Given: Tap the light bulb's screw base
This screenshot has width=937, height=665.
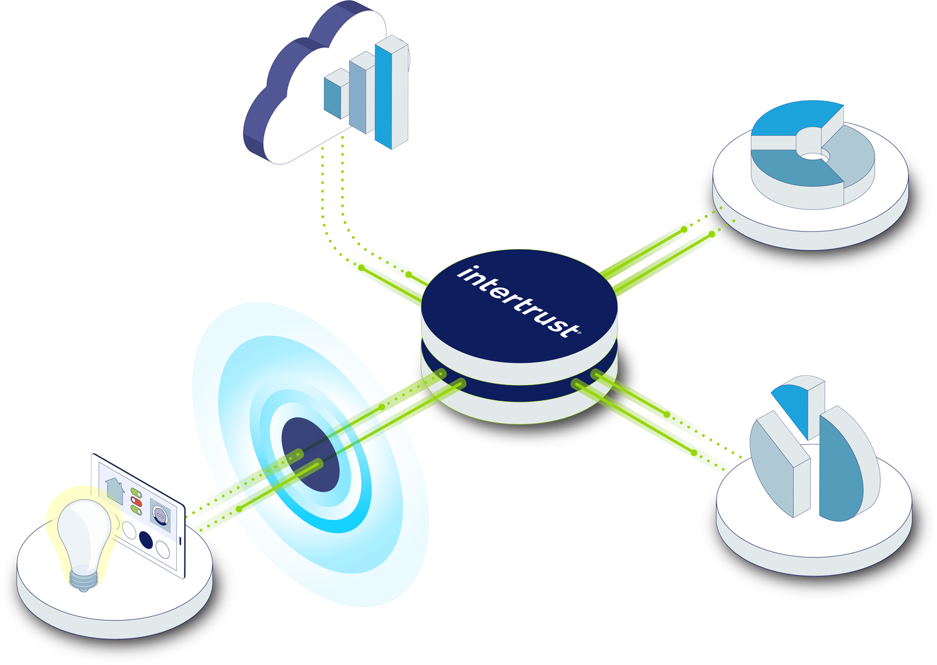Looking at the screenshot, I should coord(84,581).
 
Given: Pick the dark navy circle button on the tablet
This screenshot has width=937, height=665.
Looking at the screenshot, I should coord(146,539).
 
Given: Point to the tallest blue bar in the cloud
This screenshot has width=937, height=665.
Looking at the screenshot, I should coord(384,94).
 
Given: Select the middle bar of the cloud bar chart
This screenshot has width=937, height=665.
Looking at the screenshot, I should coord(358,94).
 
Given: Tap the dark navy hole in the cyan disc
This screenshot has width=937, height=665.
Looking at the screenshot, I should coord(310,454).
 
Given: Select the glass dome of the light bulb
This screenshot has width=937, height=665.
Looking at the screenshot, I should coord(84,531).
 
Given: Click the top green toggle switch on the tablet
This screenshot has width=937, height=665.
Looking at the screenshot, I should coord(136,494).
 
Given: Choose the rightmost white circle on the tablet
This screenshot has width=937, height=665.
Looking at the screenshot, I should coord(162,549).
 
